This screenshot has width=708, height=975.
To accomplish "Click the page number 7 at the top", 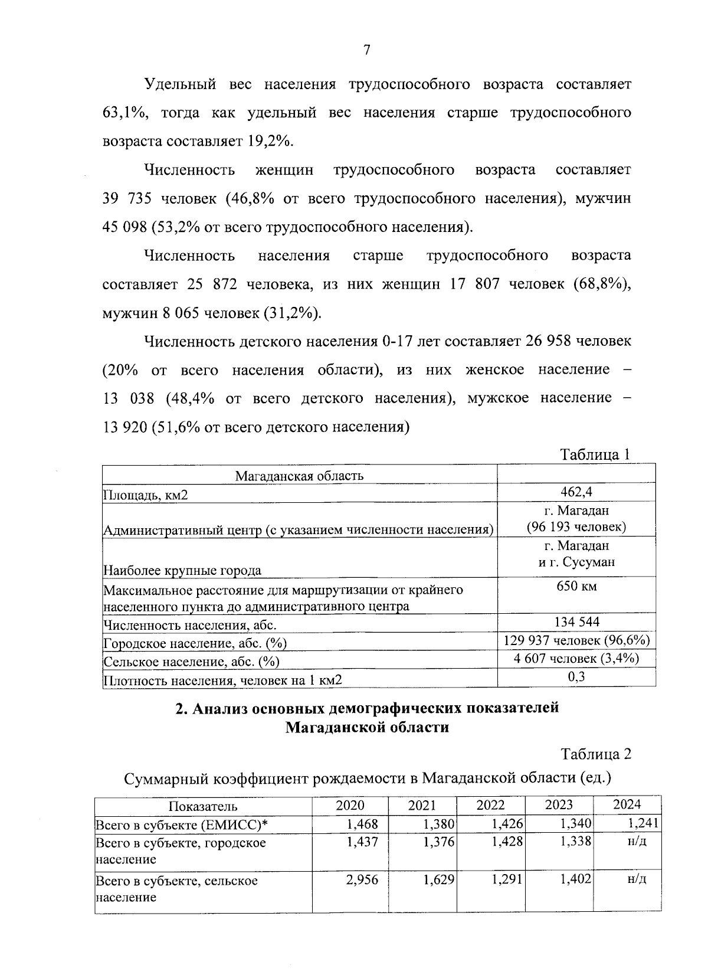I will click(366, 51).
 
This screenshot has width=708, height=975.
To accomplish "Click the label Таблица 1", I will click(595, 454).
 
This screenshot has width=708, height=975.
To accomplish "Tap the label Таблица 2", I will click(595, 754).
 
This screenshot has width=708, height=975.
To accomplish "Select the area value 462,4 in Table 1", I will click(576, 492).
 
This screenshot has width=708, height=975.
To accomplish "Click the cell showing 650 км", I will click(576, 587).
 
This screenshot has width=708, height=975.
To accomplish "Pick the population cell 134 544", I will click(576, 622).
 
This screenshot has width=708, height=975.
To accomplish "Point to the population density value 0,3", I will click(576, 677).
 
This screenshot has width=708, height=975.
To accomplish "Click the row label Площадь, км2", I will click(146, 495).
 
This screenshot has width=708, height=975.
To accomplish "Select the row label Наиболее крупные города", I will click(182, 571).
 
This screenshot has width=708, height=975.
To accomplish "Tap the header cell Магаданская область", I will click(299, 476).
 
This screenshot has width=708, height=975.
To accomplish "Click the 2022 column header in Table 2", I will click(490, 805).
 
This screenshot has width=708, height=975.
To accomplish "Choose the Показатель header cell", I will click(203, 806).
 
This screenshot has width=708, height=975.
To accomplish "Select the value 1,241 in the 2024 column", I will click(644, 823).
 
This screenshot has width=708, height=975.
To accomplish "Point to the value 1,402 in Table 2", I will click(576, 880).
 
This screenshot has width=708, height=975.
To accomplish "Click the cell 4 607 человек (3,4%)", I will click(576, 659).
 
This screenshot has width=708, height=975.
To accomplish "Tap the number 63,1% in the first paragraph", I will click(124, 113).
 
